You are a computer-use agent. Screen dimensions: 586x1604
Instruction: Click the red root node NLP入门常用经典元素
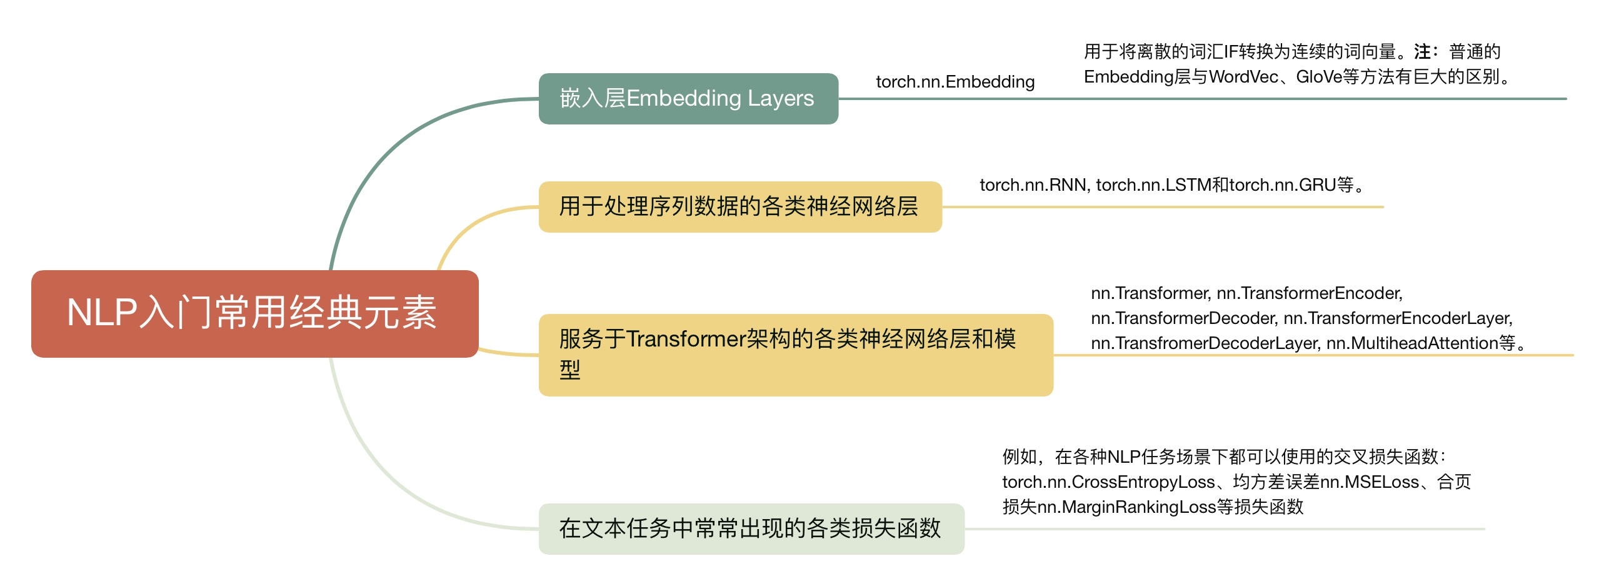pos(254,313)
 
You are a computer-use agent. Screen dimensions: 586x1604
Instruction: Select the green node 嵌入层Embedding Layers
pos(688,99)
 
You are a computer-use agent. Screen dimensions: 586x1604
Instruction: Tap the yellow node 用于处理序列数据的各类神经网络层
pos(739,206)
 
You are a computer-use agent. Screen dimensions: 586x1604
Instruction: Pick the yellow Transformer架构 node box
pos(795,355)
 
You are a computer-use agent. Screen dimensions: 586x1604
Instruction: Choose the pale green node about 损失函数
pos(751,528)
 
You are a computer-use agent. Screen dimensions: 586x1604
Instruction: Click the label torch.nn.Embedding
pos(955,82)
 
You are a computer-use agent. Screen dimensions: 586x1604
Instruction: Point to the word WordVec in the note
pos(1243,77)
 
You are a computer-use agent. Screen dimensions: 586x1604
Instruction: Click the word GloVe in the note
pos(1318,77)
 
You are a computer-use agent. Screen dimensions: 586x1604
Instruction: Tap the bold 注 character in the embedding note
pos(1421,51)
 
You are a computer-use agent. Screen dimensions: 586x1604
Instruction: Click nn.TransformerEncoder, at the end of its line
pos(1309,293)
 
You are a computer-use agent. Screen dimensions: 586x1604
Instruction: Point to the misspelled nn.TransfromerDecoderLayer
pos(1205,343)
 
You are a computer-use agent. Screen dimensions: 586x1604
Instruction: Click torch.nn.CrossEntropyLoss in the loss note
pos(1108,482)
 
